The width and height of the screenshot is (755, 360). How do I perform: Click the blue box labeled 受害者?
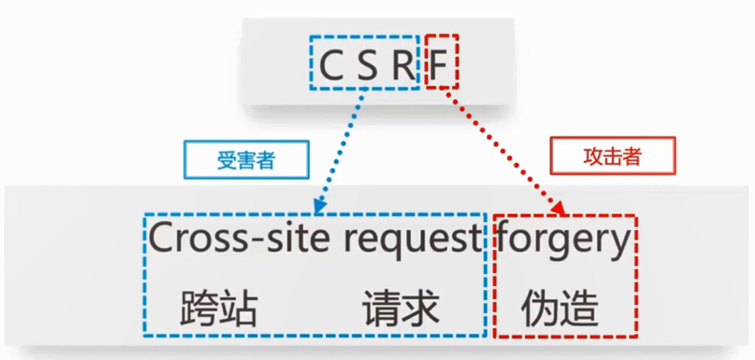[x=247, y=160]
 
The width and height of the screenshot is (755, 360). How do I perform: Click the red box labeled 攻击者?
[x=612, y=156]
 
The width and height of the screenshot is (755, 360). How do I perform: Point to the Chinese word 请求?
[x=401, y=308]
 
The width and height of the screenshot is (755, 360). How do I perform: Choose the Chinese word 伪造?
[x=559, y=308]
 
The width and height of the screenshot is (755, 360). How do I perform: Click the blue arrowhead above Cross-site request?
[x=319, y=206]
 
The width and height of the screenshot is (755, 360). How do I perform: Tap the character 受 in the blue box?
[x=227, y=160]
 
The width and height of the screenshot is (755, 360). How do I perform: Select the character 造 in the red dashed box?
[x=579, y=308]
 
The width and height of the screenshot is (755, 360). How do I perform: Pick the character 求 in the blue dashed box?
[x=420, y=308]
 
